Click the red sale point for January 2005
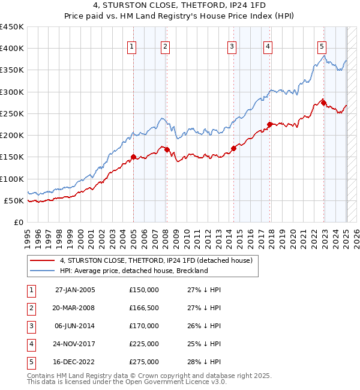[x=133, y=157]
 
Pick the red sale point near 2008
[x=167, y=150]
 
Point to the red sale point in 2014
[x=233, y=148]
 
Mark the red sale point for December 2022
[x=323, y=103]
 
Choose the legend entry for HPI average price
[x=133, y=271]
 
